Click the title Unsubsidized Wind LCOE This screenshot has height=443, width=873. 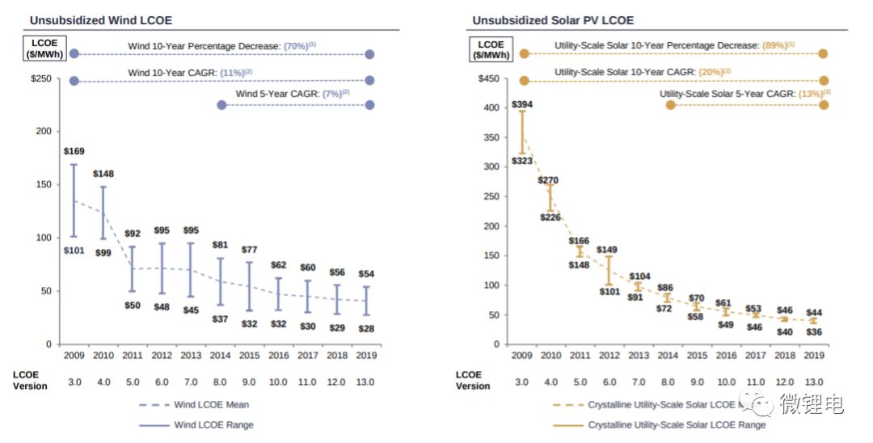tap(100, 20)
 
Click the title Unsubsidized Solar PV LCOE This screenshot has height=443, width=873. tap(553, 20)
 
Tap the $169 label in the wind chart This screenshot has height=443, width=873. tap(74, 151)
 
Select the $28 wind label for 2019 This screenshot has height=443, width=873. tap(367, 328)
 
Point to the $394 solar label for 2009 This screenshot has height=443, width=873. tap(522, 105)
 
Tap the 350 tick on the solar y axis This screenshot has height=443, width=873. tap(491, 137)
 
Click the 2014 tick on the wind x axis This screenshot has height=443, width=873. tap(220, 354)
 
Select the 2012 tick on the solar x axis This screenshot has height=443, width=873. tap(609, 354)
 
